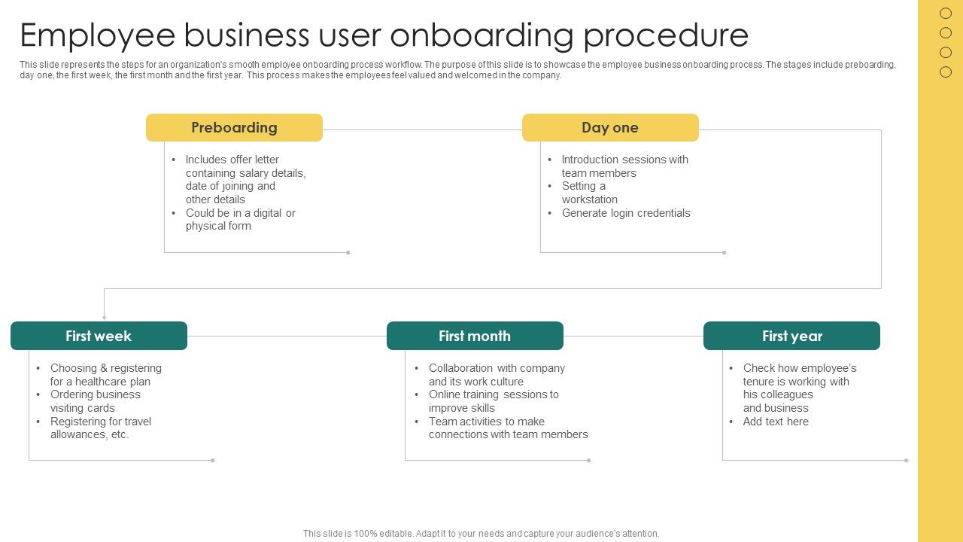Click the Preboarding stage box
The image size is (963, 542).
click(234, 128)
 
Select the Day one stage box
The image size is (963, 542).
click(610, 128)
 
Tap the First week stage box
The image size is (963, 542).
click(99, 336)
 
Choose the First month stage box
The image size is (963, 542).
click(475, 336)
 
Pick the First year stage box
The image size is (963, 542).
click(791, 336)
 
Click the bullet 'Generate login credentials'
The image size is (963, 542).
click(625, 213)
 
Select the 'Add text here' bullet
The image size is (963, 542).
click(776, 422)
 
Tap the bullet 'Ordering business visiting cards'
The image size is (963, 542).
click(95, 401)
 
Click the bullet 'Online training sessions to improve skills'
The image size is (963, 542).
click(494, 401)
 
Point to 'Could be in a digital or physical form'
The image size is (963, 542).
click(240, 219)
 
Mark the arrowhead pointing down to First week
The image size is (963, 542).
click(105, 317)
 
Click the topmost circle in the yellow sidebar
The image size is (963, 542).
click(946, 13)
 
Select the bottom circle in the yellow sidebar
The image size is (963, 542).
click(946, 72)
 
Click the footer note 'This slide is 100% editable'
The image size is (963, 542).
click(481, 533)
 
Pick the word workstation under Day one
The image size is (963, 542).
click(589, 199)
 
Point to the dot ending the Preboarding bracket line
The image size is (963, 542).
click(348, 252)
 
